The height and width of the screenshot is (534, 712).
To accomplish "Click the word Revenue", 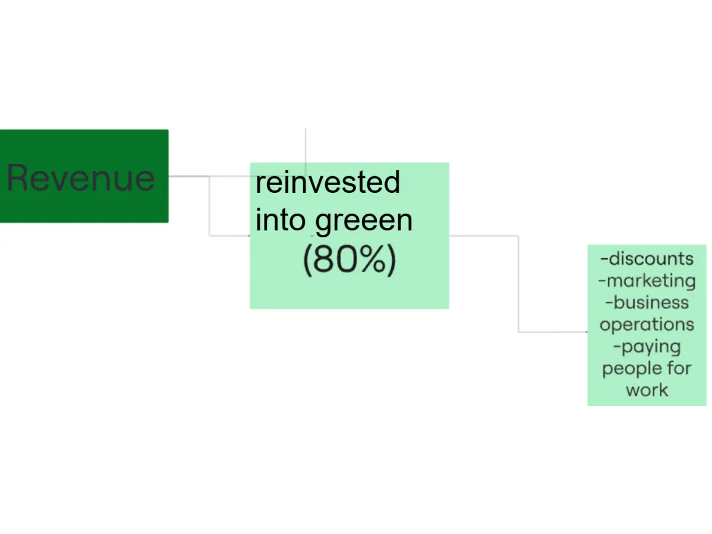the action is click(x=81, y=177).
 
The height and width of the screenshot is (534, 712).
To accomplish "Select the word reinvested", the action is click(x=328, y=182).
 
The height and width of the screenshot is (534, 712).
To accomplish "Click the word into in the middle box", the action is click(x=280, y=220).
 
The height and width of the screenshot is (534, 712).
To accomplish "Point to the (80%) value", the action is click(x=349, y=260).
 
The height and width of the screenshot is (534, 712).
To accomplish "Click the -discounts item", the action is click(x=647, y=259).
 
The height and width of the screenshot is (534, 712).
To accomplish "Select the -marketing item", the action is click(x=647, y=281).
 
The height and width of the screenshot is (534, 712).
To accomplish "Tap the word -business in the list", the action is click(x=647, y=303).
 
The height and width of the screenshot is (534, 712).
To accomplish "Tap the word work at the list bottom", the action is click(x=647, y=390).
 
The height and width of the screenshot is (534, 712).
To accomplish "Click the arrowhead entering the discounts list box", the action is click(x=586, y=332).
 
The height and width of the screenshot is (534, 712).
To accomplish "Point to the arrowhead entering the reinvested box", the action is click(x=249, y=236).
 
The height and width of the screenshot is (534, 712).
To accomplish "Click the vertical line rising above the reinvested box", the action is click(x=306, y=152).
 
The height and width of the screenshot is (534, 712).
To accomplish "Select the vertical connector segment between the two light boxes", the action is click(x=519, y=284).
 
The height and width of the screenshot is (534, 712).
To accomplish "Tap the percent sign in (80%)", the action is click(x=373, y=259).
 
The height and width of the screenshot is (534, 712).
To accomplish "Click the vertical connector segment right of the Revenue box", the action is click(x=209, y=206).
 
